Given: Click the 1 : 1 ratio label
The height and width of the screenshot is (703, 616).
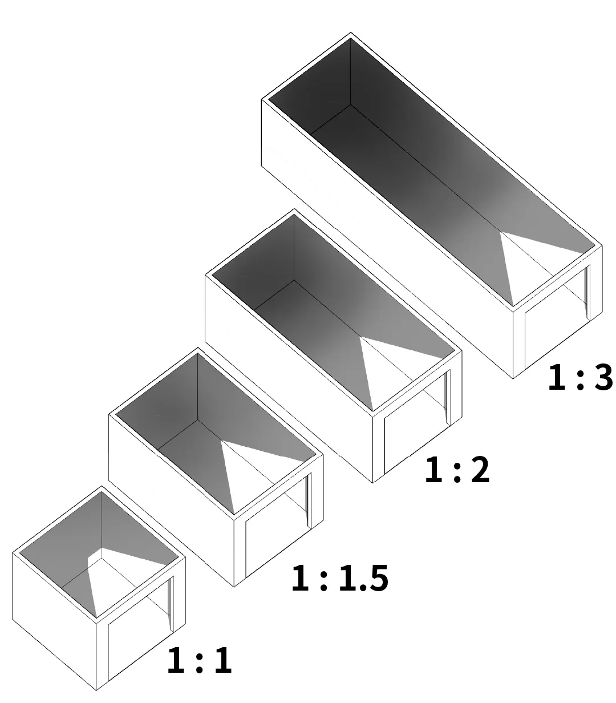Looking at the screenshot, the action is [x=200, y=660].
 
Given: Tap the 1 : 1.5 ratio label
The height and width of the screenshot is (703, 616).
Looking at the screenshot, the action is [x=339, y=578].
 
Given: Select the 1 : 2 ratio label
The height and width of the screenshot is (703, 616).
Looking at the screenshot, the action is [x=457, y=470].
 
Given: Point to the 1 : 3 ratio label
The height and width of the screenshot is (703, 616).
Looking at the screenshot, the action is [x=580, y=378].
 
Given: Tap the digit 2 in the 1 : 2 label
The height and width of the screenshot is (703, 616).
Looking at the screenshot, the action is [x=480, y=470].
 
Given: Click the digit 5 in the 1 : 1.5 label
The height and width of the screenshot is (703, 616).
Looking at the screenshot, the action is [x=378, y=578].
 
